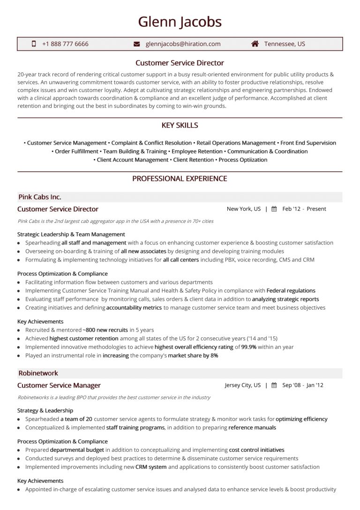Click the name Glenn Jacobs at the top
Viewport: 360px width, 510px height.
[180, 22]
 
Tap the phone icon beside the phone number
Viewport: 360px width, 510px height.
[34, 44]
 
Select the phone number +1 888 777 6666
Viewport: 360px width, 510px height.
[65, 44]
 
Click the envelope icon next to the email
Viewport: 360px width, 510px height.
[137, 44]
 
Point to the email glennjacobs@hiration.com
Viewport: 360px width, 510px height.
[183, 44]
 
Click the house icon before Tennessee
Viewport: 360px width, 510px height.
[255, 44]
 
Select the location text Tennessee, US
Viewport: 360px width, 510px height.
[285, 44]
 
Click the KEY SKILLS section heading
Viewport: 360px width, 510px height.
[180, 125]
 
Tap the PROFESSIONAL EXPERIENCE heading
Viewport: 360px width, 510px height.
[180, 179]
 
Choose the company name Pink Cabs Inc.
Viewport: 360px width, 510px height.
[40, 197]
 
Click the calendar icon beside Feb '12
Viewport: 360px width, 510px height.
[274, 209]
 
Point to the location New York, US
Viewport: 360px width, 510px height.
[244, 209]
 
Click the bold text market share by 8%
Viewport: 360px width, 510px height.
[193, 356]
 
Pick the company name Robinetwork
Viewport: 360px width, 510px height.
[38, 373]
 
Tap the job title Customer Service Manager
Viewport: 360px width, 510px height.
[59, 386]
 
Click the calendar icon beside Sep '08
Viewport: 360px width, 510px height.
[274, 386]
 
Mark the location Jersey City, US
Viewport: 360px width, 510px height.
[243, 386]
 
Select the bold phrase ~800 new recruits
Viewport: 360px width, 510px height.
[105, 330]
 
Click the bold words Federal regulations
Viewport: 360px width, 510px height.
[291, 291]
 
